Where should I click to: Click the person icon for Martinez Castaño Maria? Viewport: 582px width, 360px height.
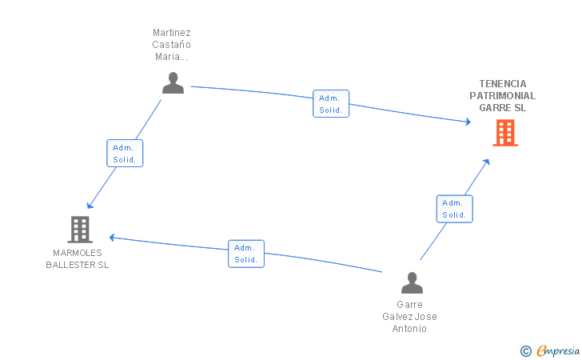173,83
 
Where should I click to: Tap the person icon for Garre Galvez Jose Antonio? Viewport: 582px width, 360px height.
412,282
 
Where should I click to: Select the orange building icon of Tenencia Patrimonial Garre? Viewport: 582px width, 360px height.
505,133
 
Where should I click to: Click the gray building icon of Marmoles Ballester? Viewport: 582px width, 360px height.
80,230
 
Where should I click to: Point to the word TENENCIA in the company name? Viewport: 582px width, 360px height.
503,83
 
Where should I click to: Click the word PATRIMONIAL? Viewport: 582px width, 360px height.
503,96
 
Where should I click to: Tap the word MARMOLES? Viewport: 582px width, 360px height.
78,253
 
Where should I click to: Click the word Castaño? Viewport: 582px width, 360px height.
171,45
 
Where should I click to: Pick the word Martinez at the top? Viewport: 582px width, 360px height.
171,33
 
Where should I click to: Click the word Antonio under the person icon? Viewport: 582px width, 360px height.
409,329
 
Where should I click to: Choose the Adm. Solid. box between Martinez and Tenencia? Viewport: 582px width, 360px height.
331,104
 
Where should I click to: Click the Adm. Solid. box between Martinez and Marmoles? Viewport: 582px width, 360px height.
125,153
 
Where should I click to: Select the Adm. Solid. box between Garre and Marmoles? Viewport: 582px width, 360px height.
246,254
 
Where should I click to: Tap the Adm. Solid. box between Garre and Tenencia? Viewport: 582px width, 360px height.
455,209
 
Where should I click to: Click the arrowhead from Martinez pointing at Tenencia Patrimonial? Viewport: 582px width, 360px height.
468,122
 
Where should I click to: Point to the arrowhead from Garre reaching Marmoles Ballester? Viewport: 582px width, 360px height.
112,238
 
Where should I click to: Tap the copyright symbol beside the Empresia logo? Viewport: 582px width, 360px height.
526,351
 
